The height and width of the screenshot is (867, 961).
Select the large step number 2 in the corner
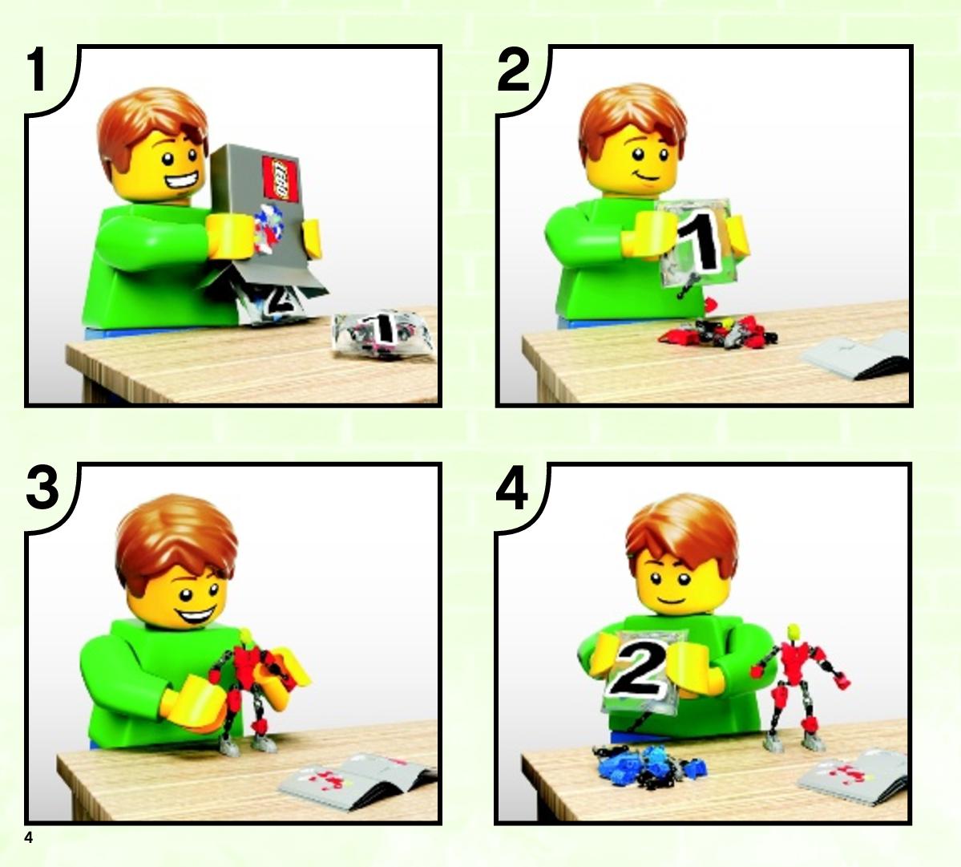(x=514, y=69)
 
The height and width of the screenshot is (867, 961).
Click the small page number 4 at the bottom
(x=29, y=837)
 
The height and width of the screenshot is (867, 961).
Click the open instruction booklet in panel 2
(x=857, y=356)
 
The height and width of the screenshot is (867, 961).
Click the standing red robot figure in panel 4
(x=797, y=687)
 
